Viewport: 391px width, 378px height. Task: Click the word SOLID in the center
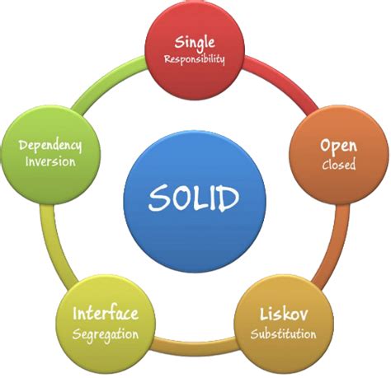(194, 198)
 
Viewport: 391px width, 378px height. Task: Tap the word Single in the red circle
(195, 43)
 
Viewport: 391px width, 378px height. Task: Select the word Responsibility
(195, 59)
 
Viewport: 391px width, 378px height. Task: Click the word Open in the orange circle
(338, 146)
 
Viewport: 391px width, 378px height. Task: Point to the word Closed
(339, 164)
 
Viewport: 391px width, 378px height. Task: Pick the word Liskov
(284, 314)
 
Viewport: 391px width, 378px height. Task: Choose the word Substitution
(283, 334)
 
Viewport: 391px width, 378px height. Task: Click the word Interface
(106, 313)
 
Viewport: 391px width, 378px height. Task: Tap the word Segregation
(106, 335)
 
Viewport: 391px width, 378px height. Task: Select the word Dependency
(50, 146)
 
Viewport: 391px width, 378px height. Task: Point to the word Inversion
(50, 161)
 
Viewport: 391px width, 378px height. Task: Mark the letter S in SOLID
(158, 198)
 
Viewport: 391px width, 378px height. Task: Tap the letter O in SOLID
(182, 198)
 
